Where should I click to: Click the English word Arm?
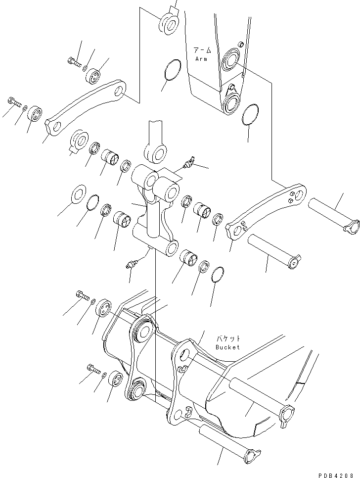201,58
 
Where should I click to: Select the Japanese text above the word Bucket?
228,339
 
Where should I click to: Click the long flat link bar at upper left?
87,107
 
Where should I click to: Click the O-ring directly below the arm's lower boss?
250,115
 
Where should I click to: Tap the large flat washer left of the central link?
79,194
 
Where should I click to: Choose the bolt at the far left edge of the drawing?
14,102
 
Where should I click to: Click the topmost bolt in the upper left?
72,62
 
